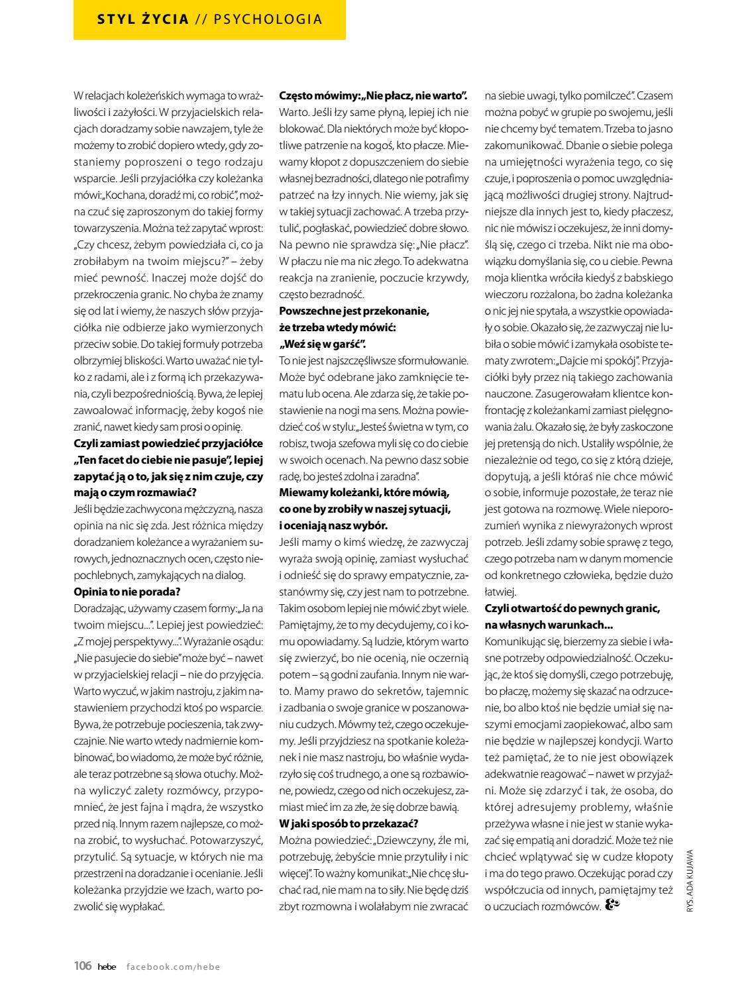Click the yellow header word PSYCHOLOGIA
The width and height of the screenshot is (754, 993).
pyautogui.click(x=268, y=19)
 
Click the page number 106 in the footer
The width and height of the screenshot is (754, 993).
pyautogui.click(x=82, y=966)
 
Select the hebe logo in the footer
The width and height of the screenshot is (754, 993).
pyautogui.click(x=106, y=967)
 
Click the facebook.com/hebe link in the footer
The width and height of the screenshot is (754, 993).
pyautogui.click(x=173, y=967)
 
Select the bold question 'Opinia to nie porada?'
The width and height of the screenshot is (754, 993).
pyautogui.click(x=127, y=591)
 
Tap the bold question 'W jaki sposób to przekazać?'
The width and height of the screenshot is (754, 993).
pyautogui.click(x=349, y=823)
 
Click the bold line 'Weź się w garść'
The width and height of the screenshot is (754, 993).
pyautogui.click(x=323, y=344)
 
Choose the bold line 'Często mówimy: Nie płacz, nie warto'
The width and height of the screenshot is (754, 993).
pyautogui.click(x=374, y=94)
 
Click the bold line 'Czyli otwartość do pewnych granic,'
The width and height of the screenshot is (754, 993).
pyautogui.click(x=572, y=608)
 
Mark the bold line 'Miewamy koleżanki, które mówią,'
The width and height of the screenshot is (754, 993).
pyautogui.click(x=364, y=492)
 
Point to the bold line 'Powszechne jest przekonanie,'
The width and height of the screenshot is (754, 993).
pyautogui.click(x=354, y=311)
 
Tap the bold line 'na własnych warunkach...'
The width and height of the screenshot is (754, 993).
pyautogui.click(x=549, y=625)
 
